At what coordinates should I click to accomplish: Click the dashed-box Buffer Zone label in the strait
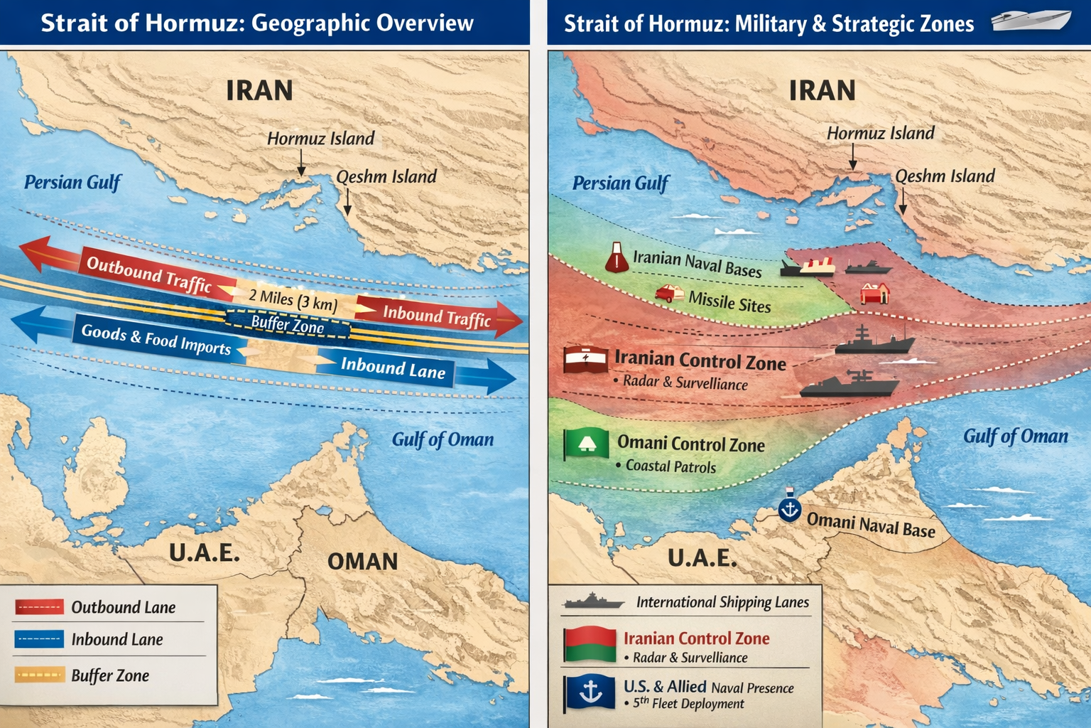click(288, 324)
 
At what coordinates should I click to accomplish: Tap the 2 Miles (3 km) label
click(293, 300)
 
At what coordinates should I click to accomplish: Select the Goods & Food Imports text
click(156, 339)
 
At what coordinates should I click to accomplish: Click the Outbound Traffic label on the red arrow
click(149, 274)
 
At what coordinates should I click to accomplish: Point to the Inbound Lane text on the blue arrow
click(393, 368)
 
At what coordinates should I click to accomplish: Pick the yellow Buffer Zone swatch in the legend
click(39, 675)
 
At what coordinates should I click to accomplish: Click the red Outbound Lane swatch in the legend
click(39, 606)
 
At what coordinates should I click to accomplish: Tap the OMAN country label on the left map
click(362, 562)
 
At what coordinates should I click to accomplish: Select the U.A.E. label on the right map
click(702, 558)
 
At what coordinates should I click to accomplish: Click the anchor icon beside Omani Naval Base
click(789, 508)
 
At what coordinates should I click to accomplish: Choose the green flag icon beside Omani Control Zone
click(586, 444)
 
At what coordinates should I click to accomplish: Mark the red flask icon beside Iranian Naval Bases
click(617, 257)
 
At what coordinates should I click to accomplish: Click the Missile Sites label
click(729, 302)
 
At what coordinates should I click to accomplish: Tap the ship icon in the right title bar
click(1031, 21)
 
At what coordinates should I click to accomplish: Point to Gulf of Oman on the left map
click(443, 440)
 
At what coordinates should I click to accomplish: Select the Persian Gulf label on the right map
click(620, 183)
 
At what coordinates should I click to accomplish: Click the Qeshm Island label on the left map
click(386, 176)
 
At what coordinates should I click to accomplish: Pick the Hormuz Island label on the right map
click(881, 133)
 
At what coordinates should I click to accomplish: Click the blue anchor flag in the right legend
click(590, 693)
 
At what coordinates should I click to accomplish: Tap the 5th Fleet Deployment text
click(688, 704)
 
